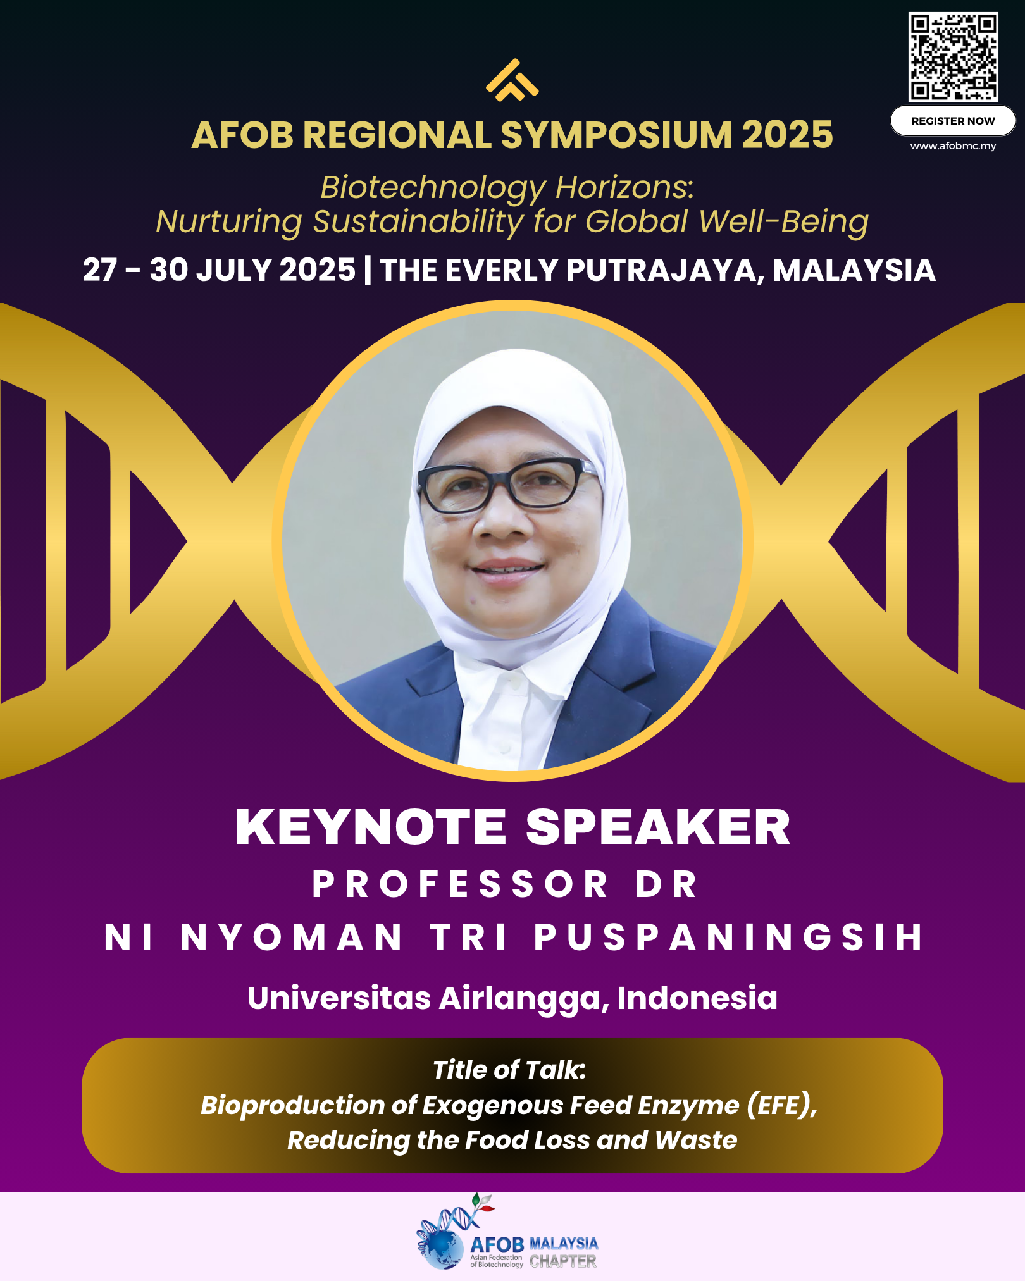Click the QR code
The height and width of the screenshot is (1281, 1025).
coord(954,57)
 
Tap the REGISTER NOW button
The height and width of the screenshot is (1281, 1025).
coord(953,121)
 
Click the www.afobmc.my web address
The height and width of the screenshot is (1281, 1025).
coord(953,146)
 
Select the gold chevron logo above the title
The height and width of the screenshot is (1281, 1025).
coord(512,80)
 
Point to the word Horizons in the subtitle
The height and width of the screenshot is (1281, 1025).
coord(624,187)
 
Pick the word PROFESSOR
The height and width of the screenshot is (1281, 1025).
coord(460,884)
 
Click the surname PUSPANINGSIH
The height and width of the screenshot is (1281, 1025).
coord(729,937)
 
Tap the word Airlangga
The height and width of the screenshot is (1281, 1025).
coord(523,999)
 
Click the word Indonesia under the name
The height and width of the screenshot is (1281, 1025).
coord(697,998)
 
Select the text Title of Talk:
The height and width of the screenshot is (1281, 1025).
coord(509,1070)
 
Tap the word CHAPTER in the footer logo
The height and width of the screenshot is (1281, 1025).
coord(563,1261)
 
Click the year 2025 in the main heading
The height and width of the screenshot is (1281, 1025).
coord(787,135)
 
